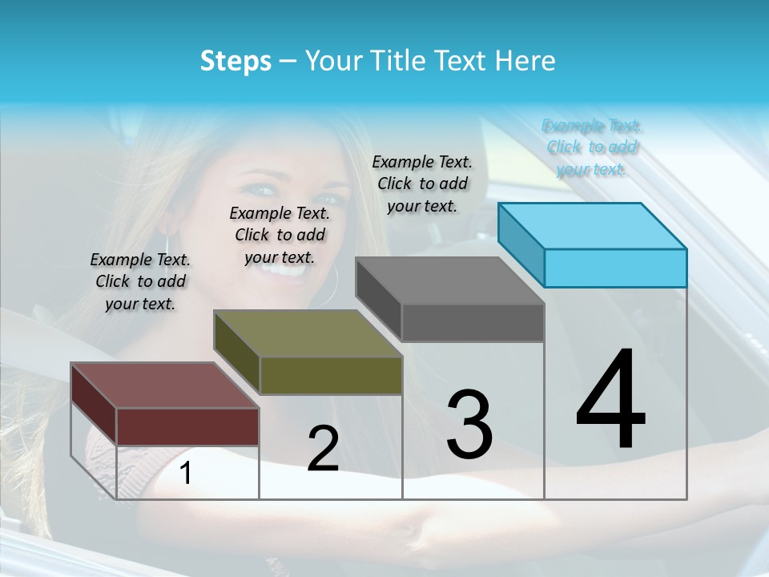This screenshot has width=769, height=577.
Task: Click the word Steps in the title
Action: (236, 61)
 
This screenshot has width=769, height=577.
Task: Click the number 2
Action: (323, 448)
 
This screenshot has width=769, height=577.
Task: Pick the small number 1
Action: (185, 474)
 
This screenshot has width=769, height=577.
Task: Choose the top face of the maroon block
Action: (165, 385)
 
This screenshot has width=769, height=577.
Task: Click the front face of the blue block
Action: (615, 268)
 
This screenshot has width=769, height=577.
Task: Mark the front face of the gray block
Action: (473, 322)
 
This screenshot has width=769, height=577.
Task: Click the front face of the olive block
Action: (331, 375)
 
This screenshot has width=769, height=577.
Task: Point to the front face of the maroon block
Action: (187, 426)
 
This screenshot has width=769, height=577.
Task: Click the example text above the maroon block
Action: (140, 281)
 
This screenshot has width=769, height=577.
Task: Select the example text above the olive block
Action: (280, 235)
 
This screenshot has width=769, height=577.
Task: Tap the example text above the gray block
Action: (422, 184)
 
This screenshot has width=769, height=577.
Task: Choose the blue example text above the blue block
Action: (592, 147)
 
